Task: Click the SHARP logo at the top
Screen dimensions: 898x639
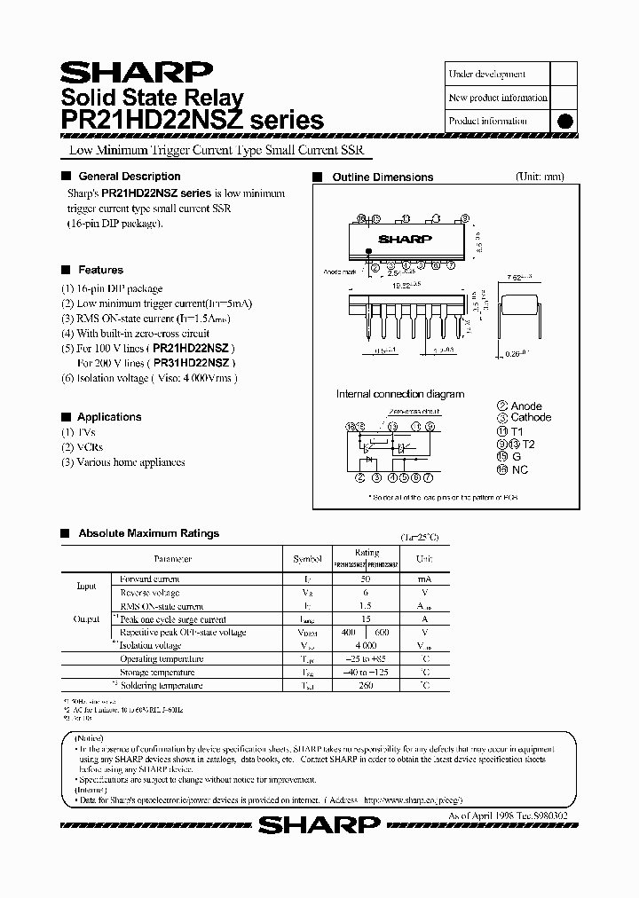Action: point(136,72)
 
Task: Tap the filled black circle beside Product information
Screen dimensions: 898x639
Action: point(564,122)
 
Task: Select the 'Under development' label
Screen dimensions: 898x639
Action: point(487,75)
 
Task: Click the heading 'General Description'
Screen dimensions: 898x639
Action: point(130,177)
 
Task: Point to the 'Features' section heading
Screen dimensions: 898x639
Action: point(101,270)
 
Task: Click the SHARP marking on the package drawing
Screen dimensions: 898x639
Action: point(405,239)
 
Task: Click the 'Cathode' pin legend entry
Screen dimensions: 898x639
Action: point(530,417)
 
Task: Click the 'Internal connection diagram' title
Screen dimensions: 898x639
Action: point(399,394)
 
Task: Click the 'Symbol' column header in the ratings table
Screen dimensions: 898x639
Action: point(308,560)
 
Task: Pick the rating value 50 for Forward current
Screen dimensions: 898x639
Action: point(367,579)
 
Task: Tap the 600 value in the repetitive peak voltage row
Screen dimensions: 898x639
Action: point(383,633)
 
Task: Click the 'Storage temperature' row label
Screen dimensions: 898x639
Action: point(162,673)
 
